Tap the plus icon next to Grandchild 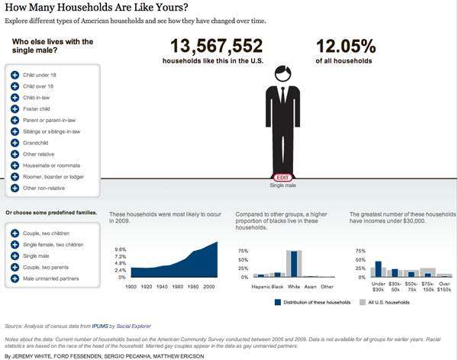[x=15, y=142]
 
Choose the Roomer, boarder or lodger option [x=47, y=176]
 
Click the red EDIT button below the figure [x=282, y=177]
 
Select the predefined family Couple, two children [x=50, y=233]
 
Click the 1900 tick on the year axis [x=131, y=286]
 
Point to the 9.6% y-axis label [x=120, y=249]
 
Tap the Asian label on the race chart [x=311, y=286]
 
